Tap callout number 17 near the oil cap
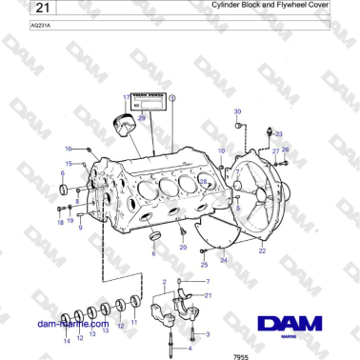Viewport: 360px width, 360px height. click(x=126, y=98)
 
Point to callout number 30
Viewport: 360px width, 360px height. click(x=237, y=111)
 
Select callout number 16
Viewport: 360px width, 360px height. click(x=69, y=150)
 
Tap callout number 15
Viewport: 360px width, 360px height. click(x=69, y=164)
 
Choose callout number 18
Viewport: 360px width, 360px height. click(x=59, y=222)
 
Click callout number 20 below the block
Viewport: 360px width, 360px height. click(x=184, y=247)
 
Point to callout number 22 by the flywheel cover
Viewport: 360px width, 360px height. click(x=262, y=250)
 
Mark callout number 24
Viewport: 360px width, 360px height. click(x=224, y=258)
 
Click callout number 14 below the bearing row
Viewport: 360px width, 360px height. click(x=66, y=340)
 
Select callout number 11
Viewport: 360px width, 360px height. click(x=133, y=322)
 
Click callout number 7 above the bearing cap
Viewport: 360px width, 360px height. click(x=207, y=282)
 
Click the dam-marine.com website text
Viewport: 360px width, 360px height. click(x=72, y=324)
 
